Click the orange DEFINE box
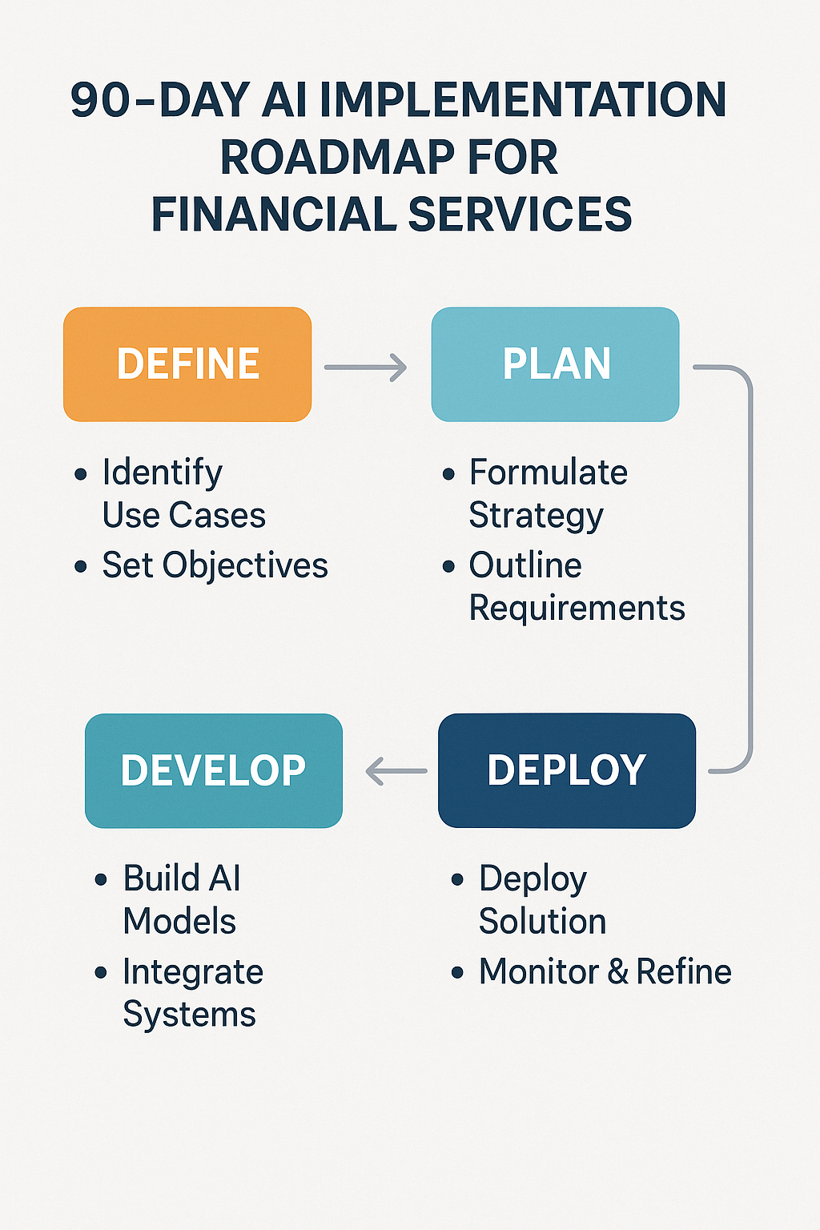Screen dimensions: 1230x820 [187, 364]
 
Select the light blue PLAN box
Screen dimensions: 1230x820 [555, 364]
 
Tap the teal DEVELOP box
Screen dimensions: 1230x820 [214, 770]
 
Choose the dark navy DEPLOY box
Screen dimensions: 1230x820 [567, 770]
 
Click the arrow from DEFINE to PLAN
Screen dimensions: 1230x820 [366, 368]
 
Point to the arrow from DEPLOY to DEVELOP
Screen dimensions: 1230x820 [396, 772]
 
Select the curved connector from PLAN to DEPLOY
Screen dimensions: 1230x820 [750, 569]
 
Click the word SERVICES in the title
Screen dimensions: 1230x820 [520, 215]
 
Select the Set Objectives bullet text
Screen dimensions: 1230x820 [215, 565]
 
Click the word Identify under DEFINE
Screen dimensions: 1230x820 [163, 472]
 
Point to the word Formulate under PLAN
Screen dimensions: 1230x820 [549, 472]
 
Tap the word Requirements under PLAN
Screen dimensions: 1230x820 [577, 608]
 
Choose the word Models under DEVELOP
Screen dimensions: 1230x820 [179, 921]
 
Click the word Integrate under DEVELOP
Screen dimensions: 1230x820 [193, 972]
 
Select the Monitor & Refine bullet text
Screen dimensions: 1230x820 [605, 972]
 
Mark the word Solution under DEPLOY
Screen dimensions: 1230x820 [542, 921]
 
